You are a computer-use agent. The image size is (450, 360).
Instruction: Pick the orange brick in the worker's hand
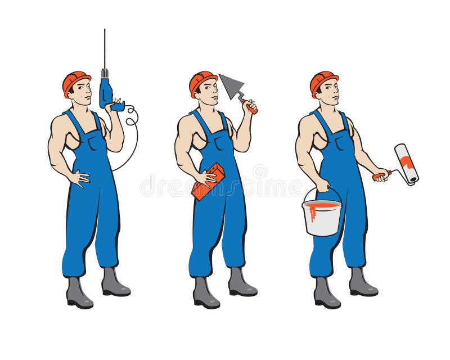click(x=208, y=182)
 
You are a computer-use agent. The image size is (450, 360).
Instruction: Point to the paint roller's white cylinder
click(x=406, y=163)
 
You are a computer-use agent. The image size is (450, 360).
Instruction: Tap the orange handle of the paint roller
click(x=380, y=175)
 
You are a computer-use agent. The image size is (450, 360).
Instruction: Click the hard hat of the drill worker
click(x=75, y=80)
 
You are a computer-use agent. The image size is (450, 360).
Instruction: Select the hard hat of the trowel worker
click(x=201, y=80)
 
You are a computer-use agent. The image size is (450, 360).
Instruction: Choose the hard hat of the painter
click(x=323, y=80)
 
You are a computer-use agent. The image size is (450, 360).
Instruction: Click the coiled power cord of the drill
click(x=130, y=121)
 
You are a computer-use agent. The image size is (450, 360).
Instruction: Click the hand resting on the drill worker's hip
click(x=80, y=178)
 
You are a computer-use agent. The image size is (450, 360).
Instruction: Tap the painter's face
click(x=331, y=90)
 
